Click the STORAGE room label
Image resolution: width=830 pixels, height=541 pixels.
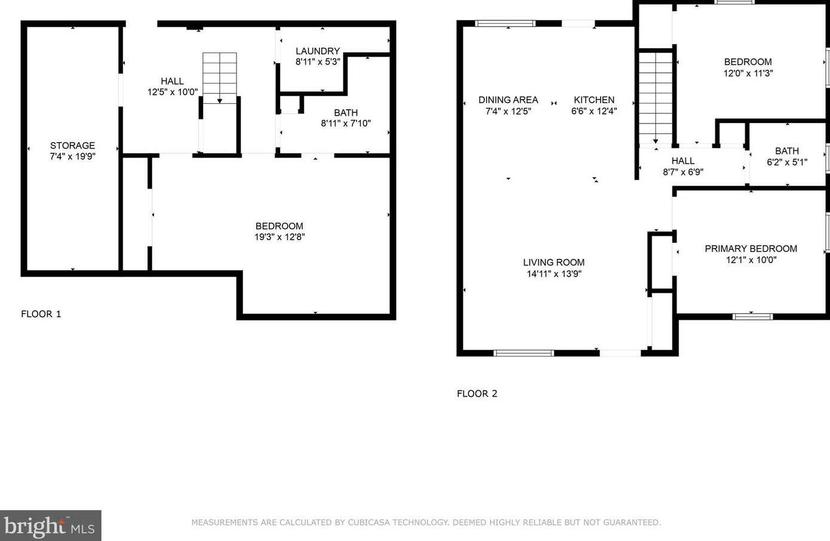[73, 146]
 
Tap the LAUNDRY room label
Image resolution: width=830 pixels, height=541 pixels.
[318, 51]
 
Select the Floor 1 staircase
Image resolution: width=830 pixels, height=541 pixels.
[220, 78]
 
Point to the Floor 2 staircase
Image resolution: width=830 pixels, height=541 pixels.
[656, 98]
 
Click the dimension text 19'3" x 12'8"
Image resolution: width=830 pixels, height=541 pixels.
[279, 237]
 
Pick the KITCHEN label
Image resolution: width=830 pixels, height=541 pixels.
[594, 100]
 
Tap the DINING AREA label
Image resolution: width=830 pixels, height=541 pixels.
[508, 100]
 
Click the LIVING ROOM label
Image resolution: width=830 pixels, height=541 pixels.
[554, 262]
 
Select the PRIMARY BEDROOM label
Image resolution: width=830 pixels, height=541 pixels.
[751, 249]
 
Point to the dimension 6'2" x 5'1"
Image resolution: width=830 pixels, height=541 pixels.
[787, 162]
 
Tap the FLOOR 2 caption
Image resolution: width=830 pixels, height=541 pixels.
[477, 393]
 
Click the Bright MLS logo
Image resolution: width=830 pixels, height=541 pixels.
[50, 525]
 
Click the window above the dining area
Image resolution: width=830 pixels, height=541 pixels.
[505, 23]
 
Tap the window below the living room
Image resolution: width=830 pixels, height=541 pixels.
[524, 353]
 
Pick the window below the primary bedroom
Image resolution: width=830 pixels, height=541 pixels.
[752, 316]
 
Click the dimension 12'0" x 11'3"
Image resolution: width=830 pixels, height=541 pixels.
[748, 73]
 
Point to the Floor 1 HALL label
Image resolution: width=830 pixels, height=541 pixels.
[173, 81]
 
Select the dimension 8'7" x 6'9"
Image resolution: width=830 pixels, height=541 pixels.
[683, 172]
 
